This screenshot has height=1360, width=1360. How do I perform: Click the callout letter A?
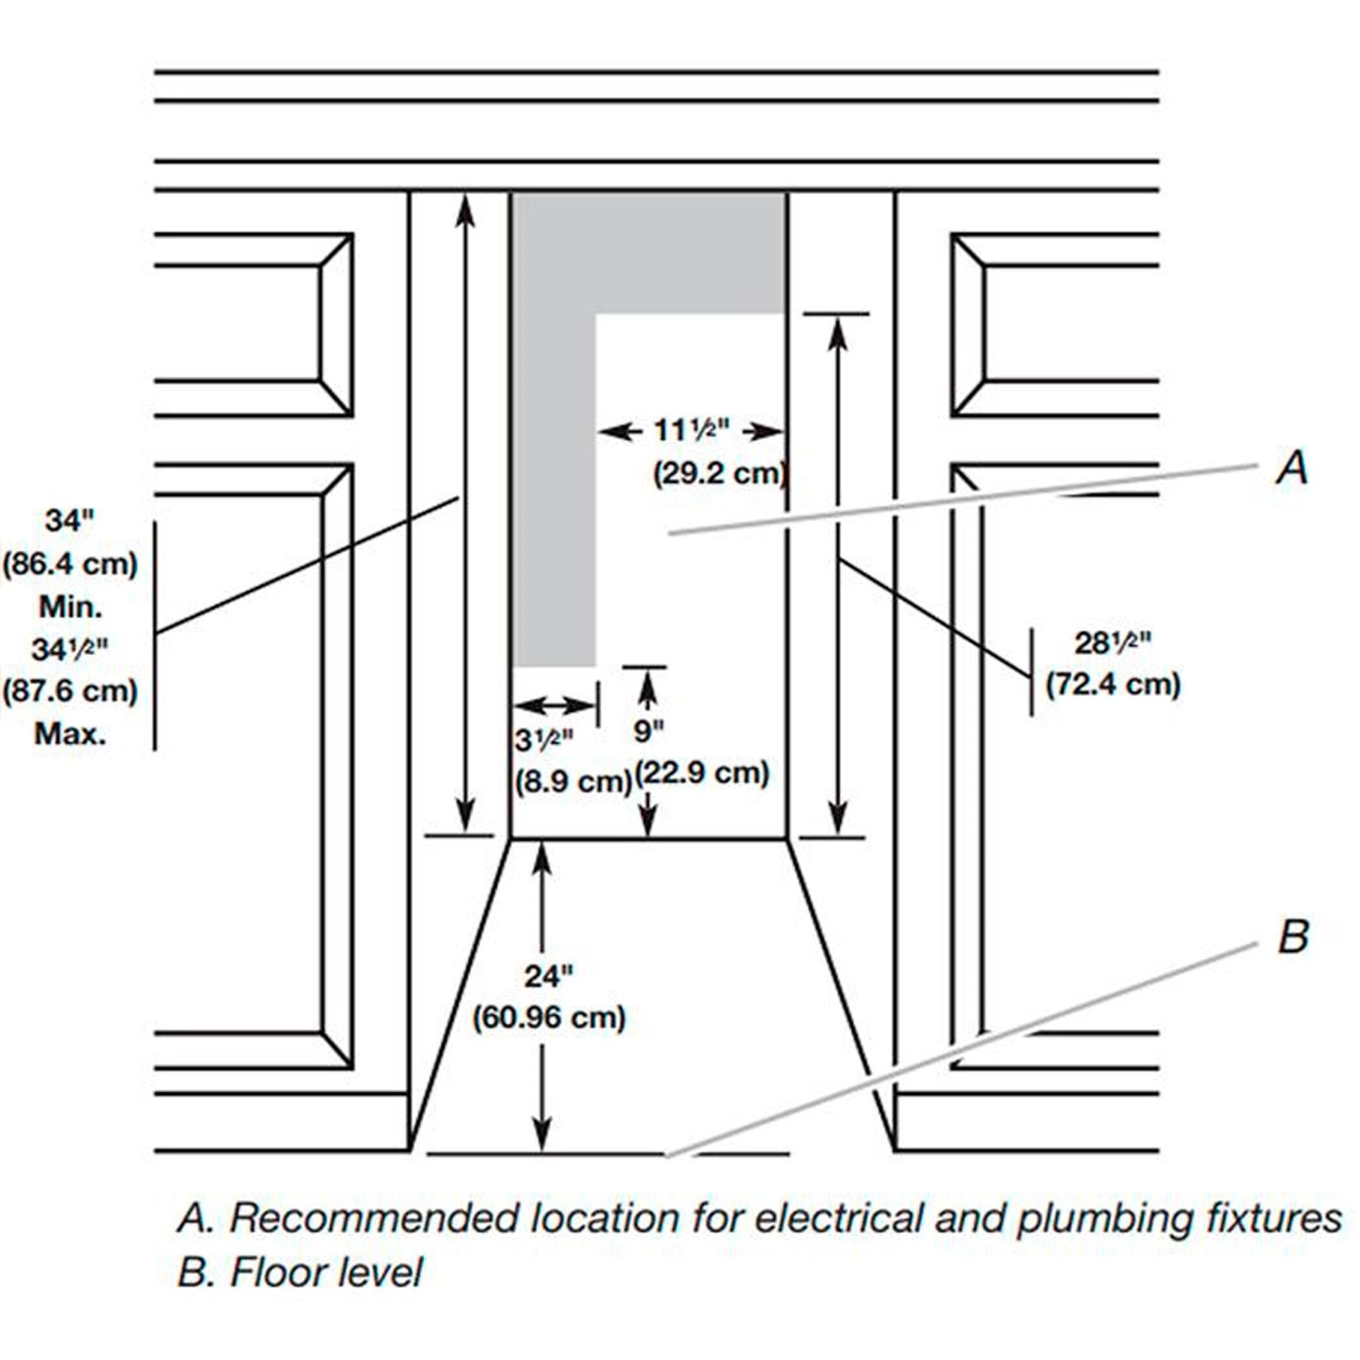click(1293, 469)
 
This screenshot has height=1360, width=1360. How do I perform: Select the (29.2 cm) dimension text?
click(720, 474)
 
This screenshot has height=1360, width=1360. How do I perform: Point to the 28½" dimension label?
click(1112, 643)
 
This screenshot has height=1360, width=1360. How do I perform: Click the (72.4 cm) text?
click(1113, 685)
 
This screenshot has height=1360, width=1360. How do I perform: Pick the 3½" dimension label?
click(543, 740)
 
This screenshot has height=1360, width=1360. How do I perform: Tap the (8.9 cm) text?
click(573, 782)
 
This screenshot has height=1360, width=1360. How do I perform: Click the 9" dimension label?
click(649, 732)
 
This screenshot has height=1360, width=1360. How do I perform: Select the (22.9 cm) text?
click(703, 774)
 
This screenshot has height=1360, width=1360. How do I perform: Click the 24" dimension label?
click(549, 977)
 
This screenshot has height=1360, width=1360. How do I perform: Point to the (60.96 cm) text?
click(549, 1018)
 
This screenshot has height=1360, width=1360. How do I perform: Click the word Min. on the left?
click(71, 607)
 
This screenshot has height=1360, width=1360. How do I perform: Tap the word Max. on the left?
click(71, 735)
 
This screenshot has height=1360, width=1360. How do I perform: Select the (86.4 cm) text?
click(71, 565)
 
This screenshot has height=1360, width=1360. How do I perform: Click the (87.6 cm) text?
click(71, 692)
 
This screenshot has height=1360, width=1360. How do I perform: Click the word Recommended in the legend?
click(374, 1218)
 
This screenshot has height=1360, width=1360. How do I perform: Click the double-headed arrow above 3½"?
click(554, 704)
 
